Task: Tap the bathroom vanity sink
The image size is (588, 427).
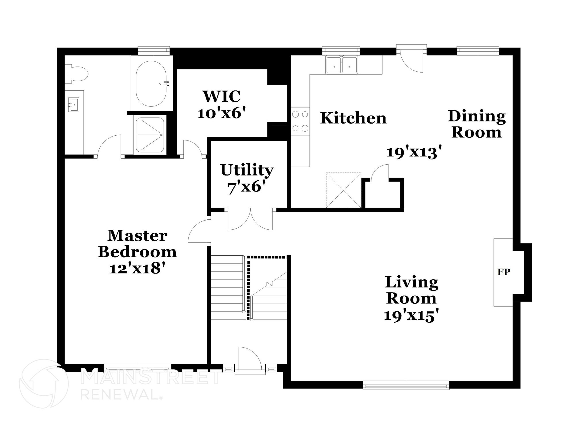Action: point(73,105)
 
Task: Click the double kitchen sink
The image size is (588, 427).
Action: point(341,65)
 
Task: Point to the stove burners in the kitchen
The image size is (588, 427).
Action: point(300,121)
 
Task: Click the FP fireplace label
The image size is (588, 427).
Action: point(504,272)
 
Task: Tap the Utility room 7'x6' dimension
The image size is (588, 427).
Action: point(246,188)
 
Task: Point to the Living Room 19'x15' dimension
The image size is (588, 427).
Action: point(411,315)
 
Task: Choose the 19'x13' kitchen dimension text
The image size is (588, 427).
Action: point(413,152)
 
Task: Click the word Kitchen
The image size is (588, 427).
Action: point(353,118)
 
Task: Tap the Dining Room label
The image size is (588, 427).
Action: point(477,124)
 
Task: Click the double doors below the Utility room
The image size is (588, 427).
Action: point(250,220)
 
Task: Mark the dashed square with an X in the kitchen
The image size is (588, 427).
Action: point(343,190)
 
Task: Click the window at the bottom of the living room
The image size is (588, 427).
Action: point(406,385)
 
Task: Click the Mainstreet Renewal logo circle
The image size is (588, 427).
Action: point(44,383)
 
